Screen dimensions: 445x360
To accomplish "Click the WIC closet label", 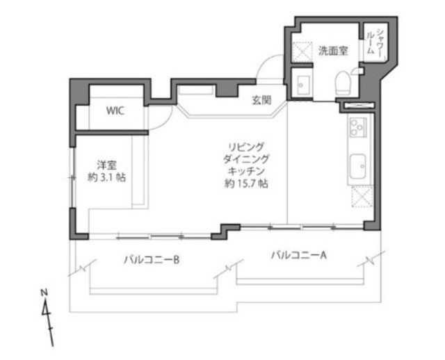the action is click(115, 111).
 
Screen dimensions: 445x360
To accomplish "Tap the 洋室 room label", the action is click(106, 165).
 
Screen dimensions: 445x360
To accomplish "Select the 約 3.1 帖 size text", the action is click(106, 178).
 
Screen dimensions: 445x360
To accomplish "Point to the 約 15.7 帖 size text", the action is click(246, 183).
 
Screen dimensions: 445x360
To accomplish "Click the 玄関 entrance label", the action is click(261, 100).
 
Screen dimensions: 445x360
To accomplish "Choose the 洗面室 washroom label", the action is click(333, 51).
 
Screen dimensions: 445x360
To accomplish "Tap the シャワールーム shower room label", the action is click(375, 42).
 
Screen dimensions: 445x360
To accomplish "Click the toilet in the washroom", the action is click(343, 82).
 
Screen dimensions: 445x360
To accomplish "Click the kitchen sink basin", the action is click(357, 166).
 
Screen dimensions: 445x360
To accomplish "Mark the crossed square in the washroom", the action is click(302, 52).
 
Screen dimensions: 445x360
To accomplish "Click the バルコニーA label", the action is click(299, 255).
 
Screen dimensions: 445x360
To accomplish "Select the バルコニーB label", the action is click(152, 259).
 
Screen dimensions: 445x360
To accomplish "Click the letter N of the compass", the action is click(44, 292).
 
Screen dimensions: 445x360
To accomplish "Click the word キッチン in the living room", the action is click(246, 171).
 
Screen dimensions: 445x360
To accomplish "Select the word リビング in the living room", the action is click(246, 147).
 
